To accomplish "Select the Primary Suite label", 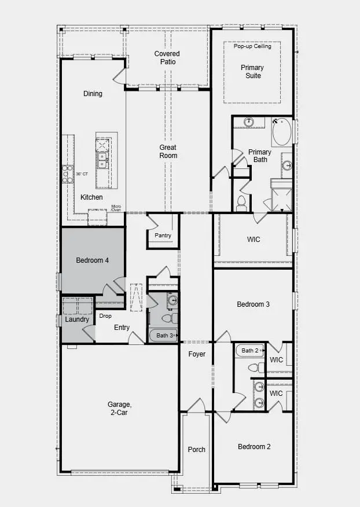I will coord(251,72).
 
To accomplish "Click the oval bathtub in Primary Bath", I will coord(282,132).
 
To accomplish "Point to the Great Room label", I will coord(168,152).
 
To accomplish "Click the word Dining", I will coord(93,94).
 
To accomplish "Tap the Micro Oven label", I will coord(116,208).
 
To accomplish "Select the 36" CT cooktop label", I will coord(82,174).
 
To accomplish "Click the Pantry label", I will coord(163,236).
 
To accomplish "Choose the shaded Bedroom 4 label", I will coord(92,260).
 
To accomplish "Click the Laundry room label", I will coord(76,319).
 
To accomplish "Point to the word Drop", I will coord(105,316).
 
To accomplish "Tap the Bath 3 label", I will coord(165,336).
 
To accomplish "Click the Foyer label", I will coord(197,354).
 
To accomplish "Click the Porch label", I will coord(197,450).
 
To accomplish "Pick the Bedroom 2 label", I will coord(254,447).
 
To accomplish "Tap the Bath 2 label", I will coord(251,350).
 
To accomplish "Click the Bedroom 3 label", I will coord(254,304).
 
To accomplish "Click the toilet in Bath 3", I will coord(166,318).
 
